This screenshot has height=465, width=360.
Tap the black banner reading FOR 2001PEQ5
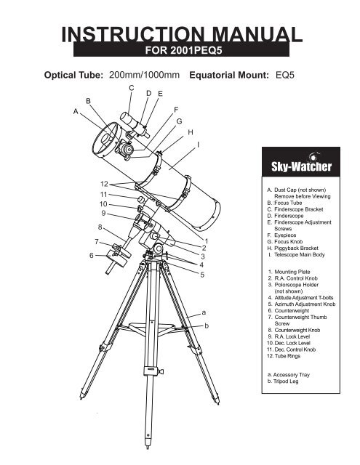(181, 49)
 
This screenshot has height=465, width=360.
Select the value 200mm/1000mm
(144, 75)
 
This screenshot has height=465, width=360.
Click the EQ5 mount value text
(285, 75)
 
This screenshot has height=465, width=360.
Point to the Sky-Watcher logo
(301, 162)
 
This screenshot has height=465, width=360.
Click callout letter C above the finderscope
(132, 88)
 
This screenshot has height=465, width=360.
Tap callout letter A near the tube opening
(76, 111)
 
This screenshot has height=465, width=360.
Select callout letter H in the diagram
(191, 132)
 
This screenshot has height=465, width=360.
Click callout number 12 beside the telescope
(104, 184)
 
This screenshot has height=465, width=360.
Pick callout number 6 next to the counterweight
(92, 255)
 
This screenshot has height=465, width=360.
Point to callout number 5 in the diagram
(202, 275)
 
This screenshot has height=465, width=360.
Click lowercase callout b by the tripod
(207, 325)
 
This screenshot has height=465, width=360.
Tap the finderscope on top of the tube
(135, 125)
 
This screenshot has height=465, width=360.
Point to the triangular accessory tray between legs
(151, 328)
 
